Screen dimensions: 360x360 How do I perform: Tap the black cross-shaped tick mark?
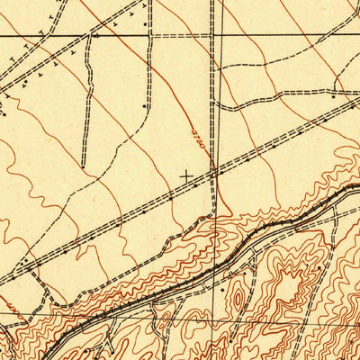click(x=187, y=175)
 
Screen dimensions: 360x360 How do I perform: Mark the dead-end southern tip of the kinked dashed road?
click(x=83, y=167)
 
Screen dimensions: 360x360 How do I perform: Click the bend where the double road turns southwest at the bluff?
click(x=214, y=214)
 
